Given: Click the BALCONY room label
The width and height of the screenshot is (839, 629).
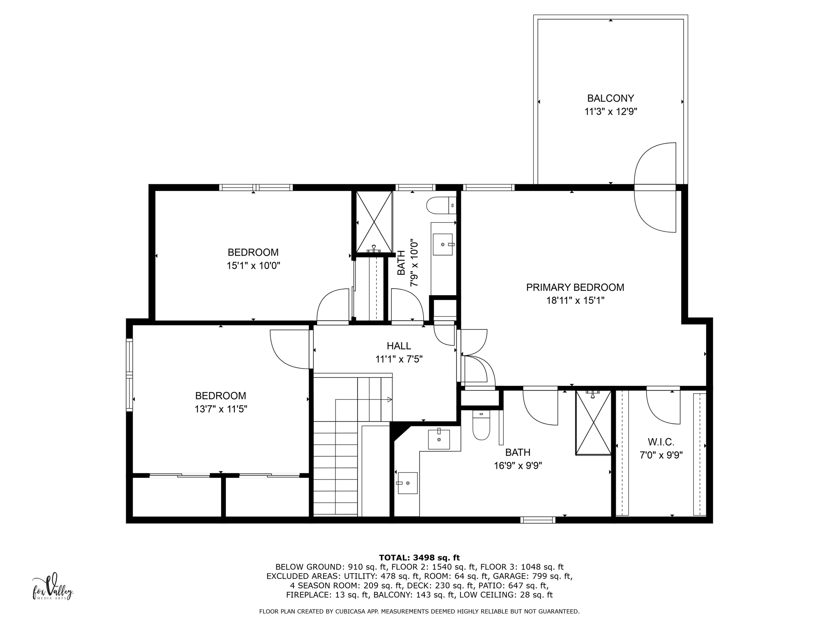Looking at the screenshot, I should point(610,98).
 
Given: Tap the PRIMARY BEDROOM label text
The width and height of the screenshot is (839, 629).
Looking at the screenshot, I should point(575,287).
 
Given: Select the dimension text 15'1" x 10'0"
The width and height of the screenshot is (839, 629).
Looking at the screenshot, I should point(253,266).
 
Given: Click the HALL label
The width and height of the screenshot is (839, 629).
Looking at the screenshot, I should point(399,346).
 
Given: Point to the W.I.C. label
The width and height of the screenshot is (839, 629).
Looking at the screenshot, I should point(661,442).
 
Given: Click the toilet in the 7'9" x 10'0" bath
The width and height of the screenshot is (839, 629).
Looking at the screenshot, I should point(441,206).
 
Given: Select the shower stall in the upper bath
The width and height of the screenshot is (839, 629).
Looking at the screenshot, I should point(374,221).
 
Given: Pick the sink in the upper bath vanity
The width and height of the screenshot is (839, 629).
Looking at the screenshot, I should point(443,244).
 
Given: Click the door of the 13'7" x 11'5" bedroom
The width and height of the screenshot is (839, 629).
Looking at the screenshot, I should point(289,349).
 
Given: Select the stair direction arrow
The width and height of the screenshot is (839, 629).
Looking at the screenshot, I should point(389,399).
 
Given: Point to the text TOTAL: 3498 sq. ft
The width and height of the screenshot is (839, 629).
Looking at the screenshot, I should point(419,557).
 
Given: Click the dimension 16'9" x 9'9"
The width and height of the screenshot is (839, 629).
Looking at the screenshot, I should point(517,466).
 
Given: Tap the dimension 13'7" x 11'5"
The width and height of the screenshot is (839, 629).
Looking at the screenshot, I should point(220,409).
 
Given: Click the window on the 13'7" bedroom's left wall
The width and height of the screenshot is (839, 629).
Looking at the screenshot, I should point(129,375).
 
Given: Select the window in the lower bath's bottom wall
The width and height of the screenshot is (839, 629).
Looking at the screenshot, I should point(537,520).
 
